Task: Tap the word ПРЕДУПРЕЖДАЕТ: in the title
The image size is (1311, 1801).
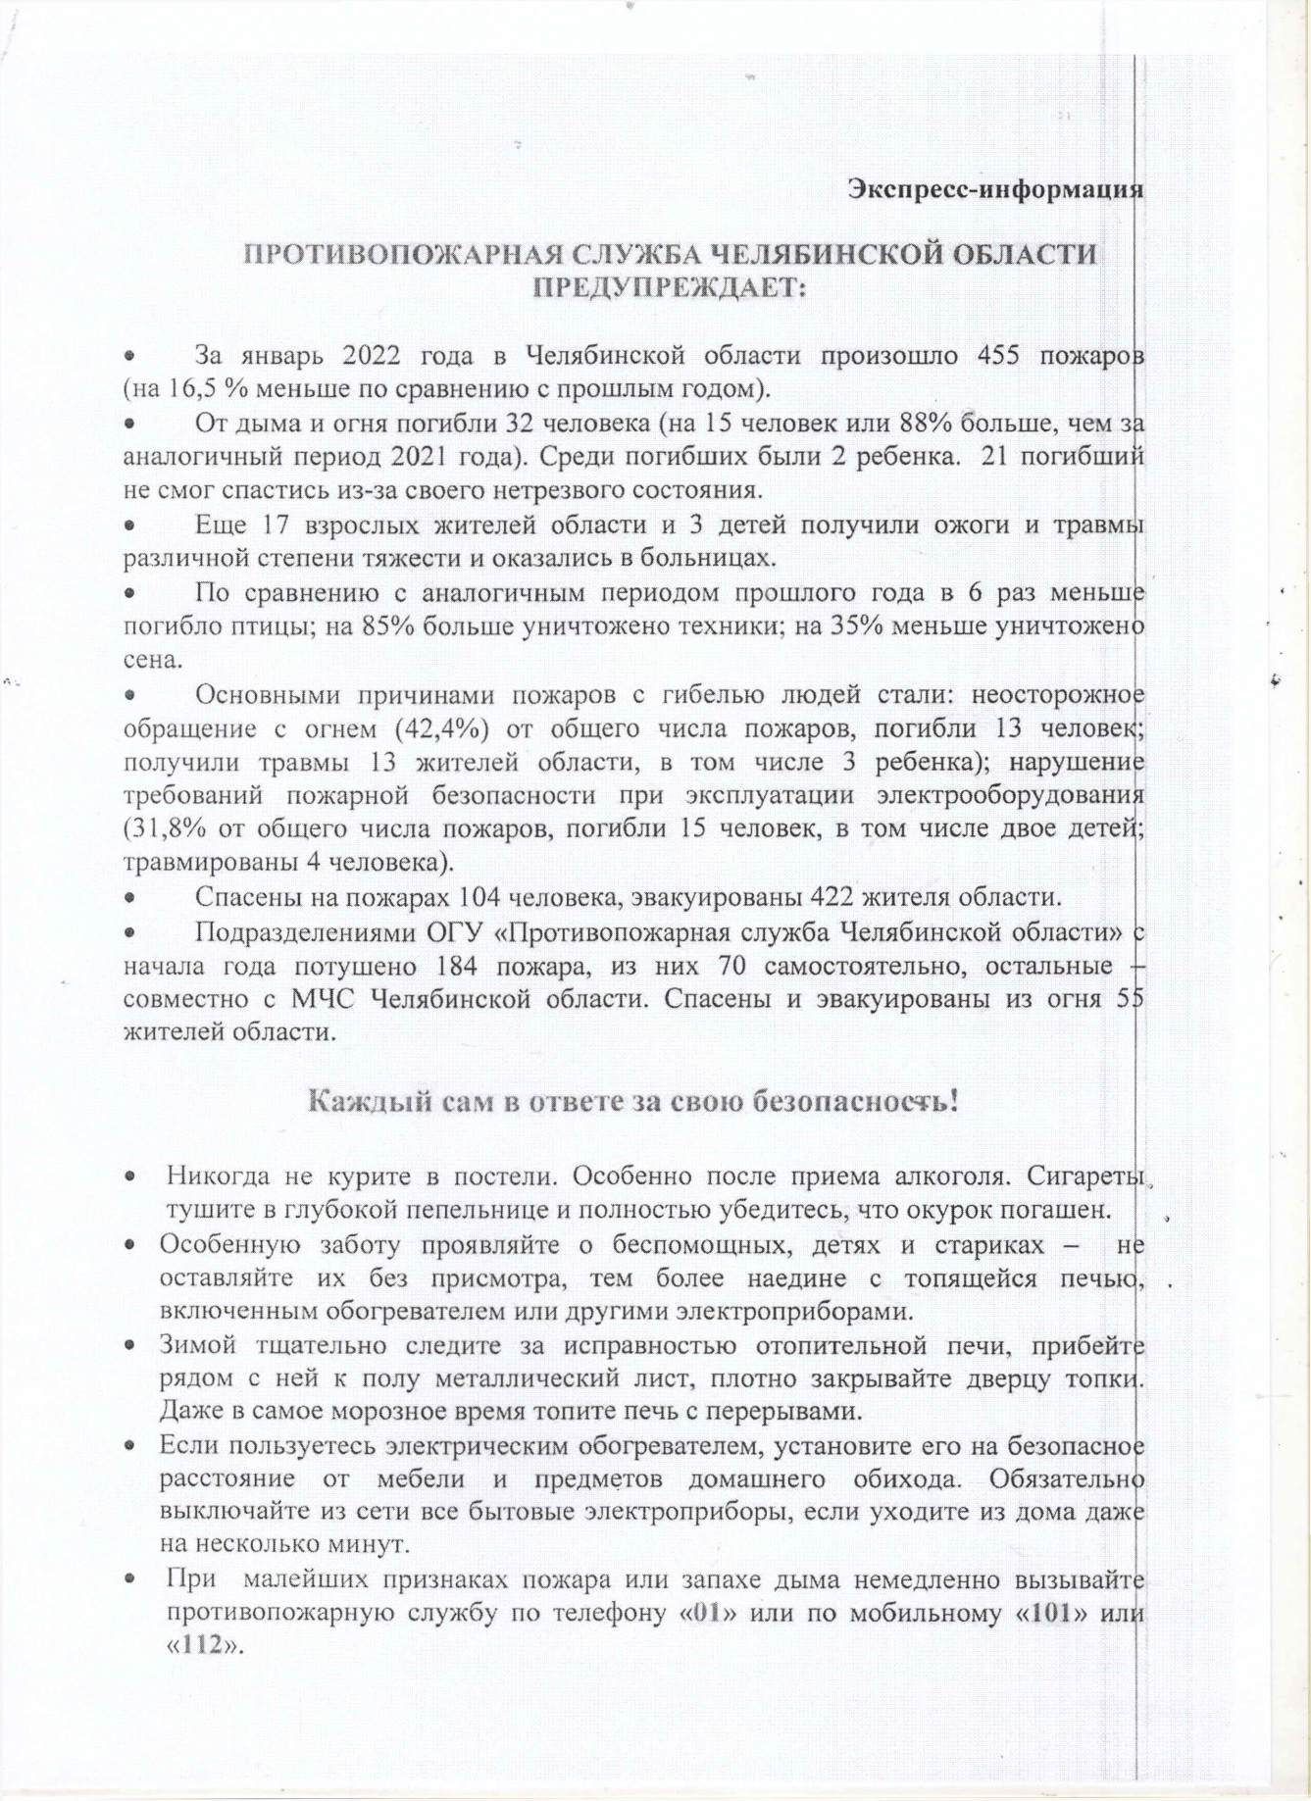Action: click(x=667, y=289)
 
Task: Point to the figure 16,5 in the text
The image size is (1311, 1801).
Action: click(x=190, y=387)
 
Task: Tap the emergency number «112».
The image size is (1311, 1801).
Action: click(x=199, y=1646)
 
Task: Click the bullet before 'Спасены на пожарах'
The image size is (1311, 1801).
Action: click(x=128, y=897)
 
